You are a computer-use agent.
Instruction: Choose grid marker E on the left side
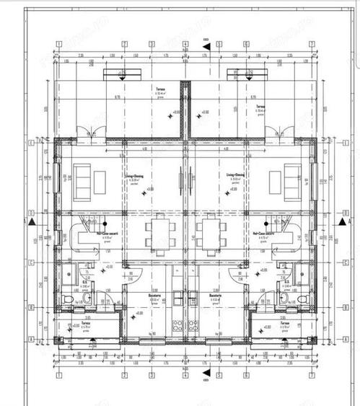click(30, 143)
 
